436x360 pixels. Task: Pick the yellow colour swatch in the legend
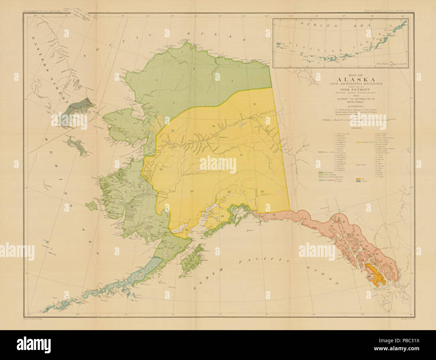[x=359, y=142]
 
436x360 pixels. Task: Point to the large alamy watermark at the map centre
[x=218, y=164]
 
